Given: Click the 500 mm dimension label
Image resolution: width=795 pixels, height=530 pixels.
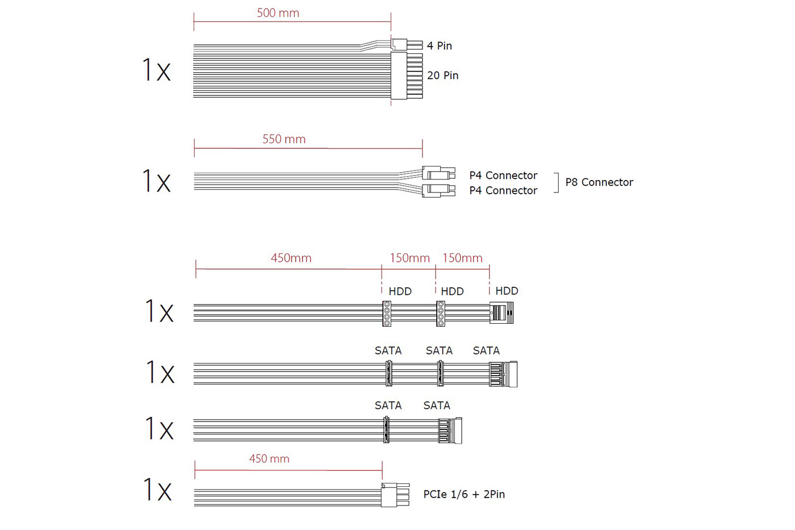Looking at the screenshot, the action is point(278,13).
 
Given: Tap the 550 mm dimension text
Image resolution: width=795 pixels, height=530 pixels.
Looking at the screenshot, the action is point(284,139).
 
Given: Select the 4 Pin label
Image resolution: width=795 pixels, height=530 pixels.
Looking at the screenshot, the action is point(440,46).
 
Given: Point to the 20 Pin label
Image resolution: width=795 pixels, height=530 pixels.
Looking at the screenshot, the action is point(442,75).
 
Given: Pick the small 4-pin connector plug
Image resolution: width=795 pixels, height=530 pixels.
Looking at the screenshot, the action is point(407,45).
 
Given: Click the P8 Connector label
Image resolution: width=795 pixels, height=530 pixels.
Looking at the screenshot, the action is point(599,182).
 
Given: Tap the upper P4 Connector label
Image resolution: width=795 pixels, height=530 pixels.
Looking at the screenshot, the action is point(503,176).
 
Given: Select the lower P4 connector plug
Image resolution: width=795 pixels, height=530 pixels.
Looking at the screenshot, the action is point(438,191).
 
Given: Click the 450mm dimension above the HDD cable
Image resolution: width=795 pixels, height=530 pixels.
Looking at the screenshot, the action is point(291,258).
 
